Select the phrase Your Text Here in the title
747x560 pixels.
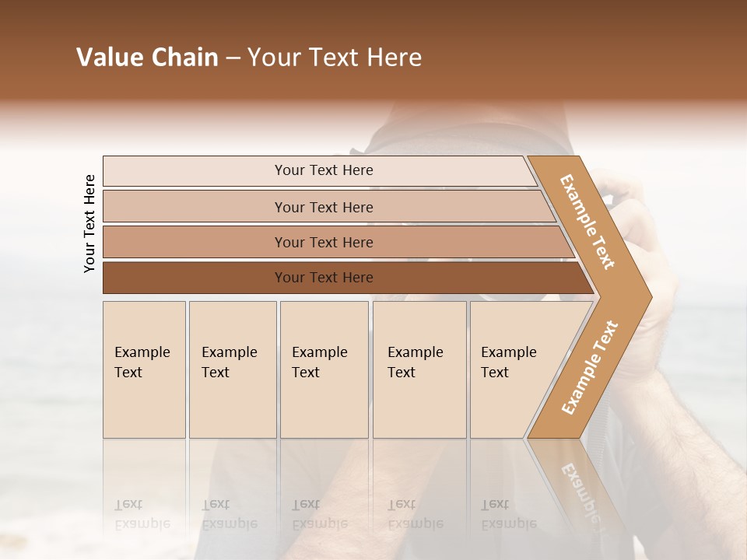[335, 58]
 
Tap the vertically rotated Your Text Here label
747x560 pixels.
[89, 223]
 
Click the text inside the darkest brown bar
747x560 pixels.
[324, 278]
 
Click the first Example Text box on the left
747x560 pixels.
[144, 369]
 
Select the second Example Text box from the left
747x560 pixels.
[232, 369]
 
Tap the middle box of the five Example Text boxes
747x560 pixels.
[324, 369]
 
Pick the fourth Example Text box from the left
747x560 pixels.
[419, 369]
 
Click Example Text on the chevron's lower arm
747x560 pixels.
[590, 367]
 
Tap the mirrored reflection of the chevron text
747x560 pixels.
[580, 490]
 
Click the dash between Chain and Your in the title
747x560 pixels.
[233, 58]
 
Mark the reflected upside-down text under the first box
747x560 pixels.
[142, 514]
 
